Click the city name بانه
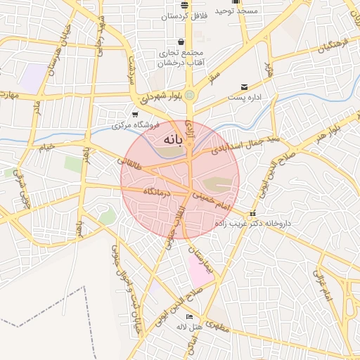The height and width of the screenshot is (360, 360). coord(172,140)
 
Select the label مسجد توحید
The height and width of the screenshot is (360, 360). coord(236,11)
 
